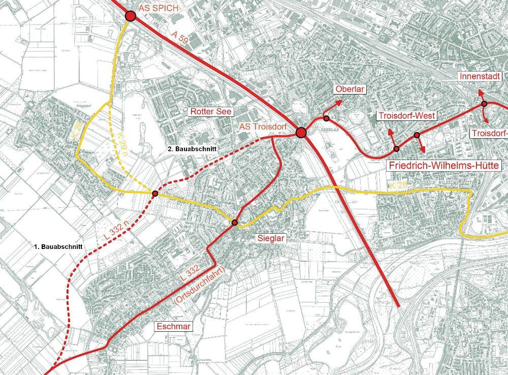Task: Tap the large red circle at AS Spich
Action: [130, 16]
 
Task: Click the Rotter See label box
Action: [210, 111]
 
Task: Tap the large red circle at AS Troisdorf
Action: [301, 133]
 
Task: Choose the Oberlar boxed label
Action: [351, 90]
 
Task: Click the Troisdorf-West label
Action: [406, 116]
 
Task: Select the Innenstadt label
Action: [481, 76]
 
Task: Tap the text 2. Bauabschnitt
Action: [193, 149]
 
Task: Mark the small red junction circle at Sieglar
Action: [235, 223]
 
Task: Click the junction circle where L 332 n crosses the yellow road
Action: [154, 193]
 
